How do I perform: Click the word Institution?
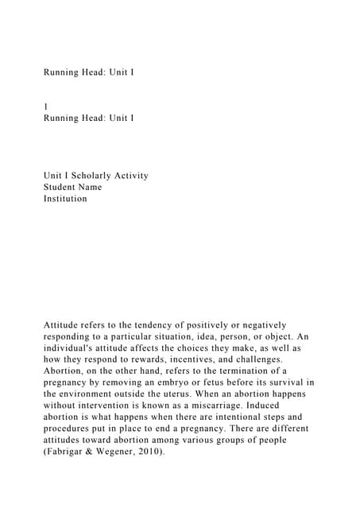tap(65, 198)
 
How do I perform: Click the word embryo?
tap(174, 382)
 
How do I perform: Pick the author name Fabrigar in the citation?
tap(69, 449)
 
